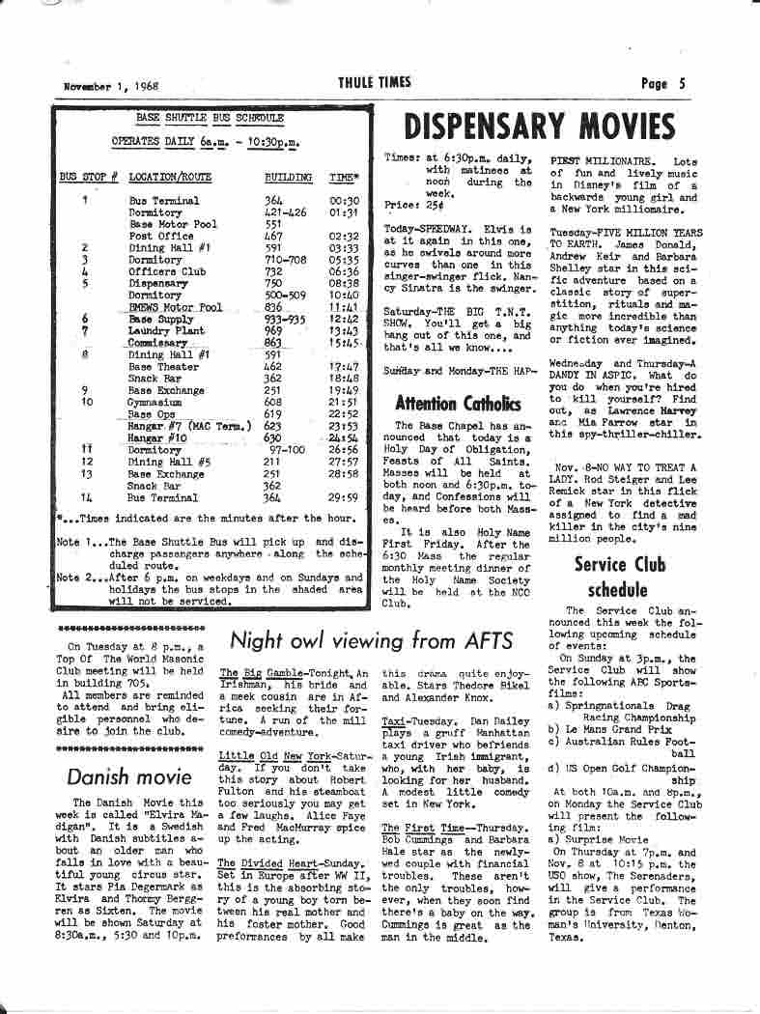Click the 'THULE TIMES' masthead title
pyautogui.click(x=374, y=83)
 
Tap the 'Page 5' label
pyautogui.click(x=663, y=83)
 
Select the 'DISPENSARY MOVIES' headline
pyautogui.click(x=539, y=127)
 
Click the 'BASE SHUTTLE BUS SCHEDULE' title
pyautogui.click(x=210, y=118)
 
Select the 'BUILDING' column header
pyautogui.click(x=288, y=178)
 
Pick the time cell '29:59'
pyautogui.click(x=343, y=498)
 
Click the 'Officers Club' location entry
pyautogui.click(x=167, y=272)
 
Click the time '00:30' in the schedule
pyautogui.click(x=343, y=201)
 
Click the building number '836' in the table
pyautogui.click(x=273, y=308)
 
